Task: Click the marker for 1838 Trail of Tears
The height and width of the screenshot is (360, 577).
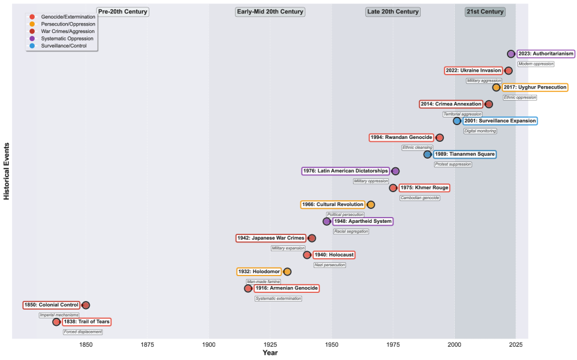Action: click(56, 322)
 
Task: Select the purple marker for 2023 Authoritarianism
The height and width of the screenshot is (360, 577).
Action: click(511, 54)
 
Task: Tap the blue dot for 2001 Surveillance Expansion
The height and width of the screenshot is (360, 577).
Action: click(457, 121)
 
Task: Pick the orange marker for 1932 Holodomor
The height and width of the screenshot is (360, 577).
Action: click(287, 271)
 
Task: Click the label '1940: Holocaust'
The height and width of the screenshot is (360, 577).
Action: click(333, 255)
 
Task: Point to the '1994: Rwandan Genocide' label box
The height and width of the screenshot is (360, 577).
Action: click(401, 138)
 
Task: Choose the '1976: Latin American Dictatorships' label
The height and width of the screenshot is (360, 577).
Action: click(346, 171)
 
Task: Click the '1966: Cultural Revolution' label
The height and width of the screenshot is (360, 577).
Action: click(333, 205)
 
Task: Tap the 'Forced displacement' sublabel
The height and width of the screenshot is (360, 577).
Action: click(83, 332)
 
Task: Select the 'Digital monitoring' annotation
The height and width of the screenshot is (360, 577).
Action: click(480, 131)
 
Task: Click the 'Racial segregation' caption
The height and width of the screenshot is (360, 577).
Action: click(351, 232)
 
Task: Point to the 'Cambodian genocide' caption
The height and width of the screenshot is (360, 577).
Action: click(420, 198)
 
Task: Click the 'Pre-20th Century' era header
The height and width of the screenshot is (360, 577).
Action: click(123, 12)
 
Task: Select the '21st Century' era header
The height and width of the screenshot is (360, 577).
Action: click(485, 12)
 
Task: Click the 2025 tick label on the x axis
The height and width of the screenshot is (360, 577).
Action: click(516, 344)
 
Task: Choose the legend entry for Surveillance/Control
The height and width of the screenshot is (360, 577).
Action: click(64, 45)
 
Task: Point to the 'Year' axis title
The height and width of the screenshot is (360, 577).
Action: click(270, 352)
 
